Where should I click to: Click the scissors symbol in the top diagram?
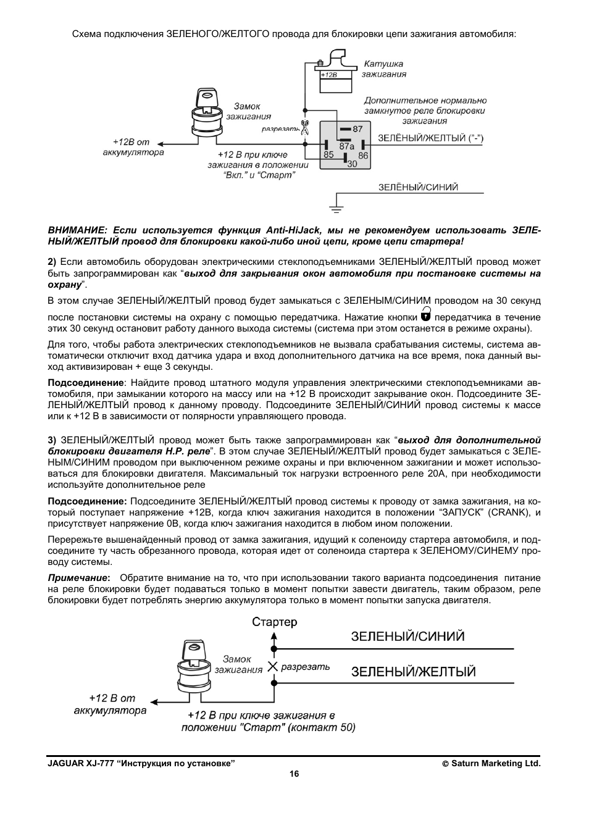click(304, 128)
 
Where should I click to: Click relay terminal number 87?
click(358, 129)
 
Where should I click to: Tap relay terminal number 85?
click(328, 154)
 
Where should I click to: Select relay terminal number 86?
click(363, 156)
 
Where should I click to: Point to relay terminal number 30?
click(352, 164)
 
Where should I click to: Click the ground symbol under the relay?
click(336, 206)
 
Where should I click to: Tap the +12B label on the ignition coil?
click(330, 75)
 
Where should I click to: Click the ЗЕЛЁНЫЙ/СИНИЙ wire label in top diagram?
click(418, 188)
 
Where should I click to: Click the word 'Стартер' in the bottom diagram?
click(274, 622)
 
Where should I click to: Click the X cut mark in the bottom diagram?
click(273, 667)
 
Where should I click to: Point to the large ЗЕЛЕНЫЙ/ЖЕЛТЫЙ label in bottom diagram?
click(414, 672)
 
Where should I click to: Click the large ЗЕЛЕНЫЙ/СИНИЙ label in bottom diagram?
click(407, 637)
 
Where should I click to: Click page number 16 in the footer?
click(294, 774)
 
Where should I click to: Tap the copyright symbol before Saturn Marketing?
click(445, 764)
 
